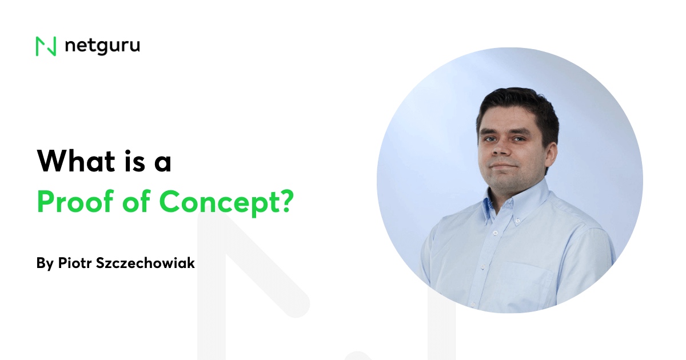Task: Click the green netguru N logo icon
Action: (46, 46)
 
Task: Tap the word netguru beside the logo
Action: (102, 46)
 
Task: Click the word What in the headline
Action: (71, 161)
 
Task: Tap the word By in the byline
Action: (45, 263)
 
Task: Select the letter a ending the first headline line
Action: (162, 163)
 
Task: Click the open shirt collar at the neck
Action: (503, 209)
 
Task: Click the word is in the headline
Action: (123, 161)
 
